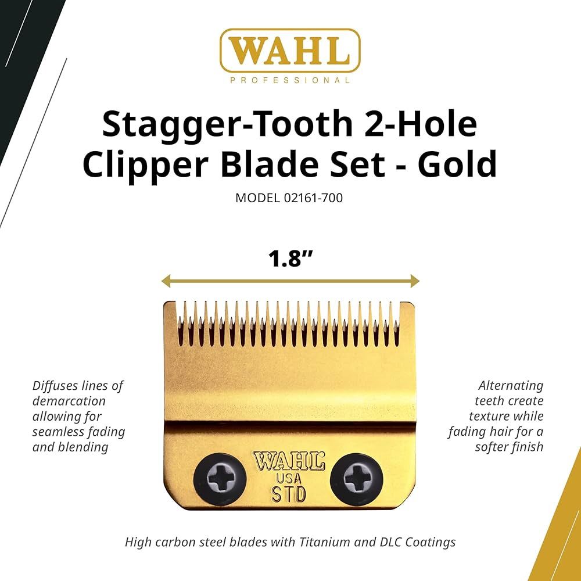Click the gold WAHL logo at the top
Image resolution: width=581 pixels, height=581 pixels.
290,51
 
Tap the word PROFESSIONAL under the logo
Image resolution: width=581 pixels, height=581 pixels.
290,81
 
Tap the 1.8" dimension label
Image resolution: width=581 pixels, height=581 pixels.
290,258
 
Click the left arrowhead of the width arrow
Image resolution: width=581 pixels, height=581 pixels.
165,282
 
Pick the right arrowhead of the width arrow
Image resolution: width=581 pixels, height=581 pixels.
415,282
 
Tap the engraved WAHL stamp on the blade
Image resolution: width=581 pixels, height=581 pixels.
288,462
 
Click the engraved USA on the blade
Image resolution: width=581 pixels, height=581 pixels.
288,479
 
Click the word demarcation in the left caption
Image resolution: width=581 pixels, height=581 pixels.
69,401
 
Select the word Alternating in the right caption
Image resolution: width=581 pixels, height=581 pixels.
511,386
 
